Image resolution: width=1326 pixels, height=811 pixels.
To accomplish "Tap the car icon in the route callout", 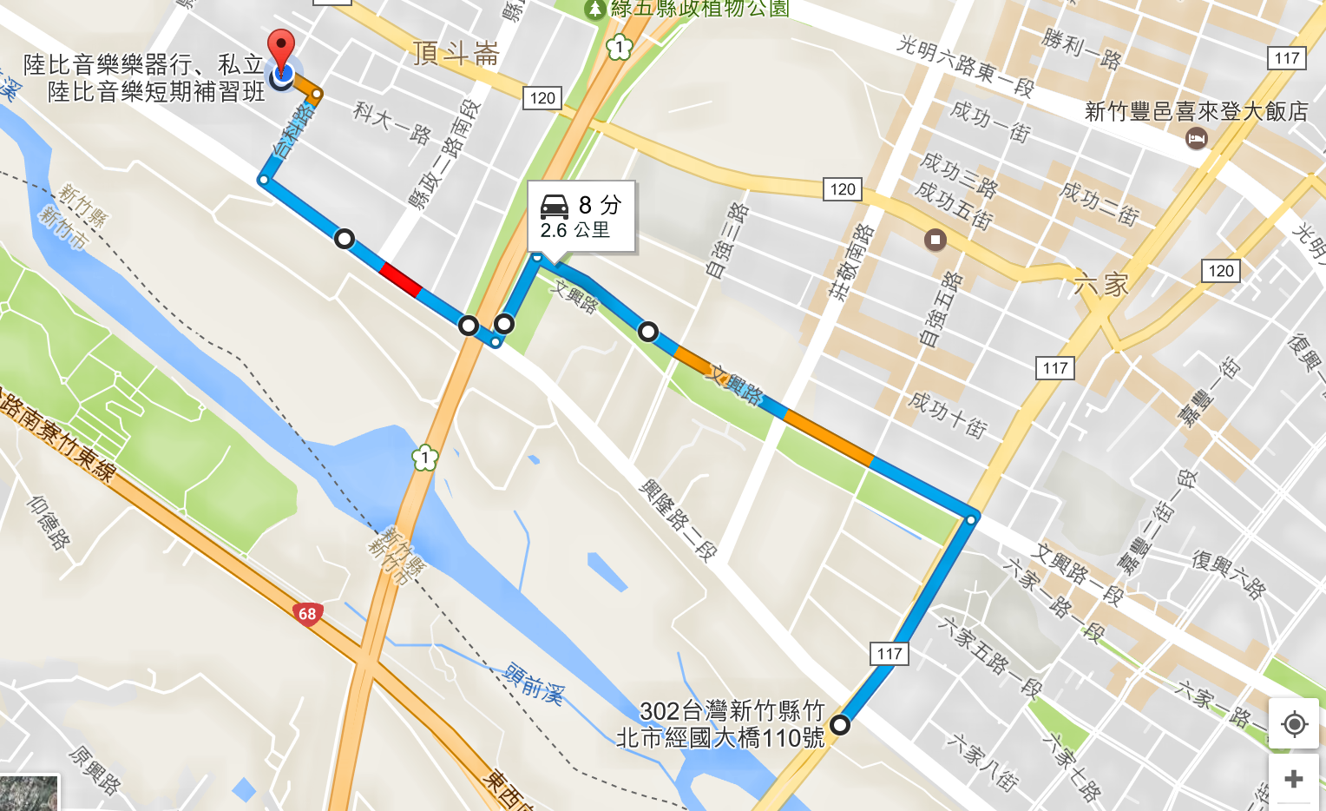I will [x=555, y=206].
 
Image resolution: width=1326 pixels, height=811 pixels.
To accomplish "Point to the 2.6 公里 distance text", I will [x=574, y=230].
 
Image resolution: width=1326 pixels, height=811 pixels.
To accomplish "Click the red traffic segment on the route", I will [x=400, y=278].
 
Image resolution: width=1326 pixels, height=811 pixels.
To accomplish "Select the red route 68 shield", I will [x=307, y=614].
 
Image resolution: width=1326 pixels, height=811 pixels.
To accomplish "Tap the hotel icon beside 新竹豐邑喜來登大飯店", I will [x=1196, y=137].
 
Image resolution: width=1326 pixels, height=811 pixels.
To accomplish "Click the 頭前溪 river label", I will [x=534, y=682].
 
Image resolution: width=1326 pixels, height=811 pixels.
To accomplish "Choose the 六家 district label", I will [x=1100, y=284].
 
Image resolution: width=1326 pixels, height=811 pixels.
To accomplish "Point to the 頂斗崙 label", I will [x=456, y=54].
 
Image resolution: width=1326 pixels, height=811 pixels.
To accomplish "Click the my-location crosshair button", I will [x=1294, y=723].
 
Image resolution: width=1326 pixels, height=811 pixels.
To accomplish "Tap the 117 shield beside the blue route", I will [x=889, y=653].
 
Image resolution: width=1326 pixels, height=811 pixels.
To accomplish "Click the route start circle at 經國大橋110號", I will [x=840, y=724].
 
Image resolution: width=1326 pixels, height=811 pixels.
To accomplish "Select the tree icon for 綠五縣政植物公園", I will [x=594, y=10].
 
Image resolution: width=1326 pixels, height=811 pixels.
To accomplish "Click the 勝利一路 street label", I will [x=1081, y=48].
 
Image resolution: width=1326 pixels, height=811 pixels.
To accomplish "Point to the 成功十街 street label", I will [x=947, y=413].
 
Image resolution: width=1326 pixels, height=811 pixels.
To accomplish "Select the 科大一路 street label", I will [x=392, y=122].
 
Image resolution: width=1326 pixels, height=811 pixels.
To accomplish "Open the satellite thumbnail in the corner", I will [x=29, y=794].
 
